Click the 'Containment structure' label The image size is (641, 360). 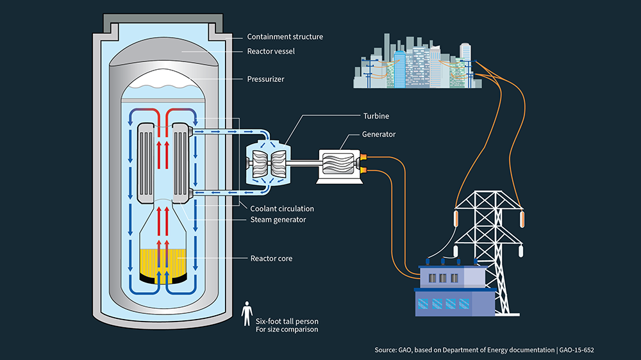286,37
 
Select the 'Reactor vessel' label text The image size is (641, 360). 271,51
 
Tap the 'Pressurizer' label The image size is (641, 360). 266,80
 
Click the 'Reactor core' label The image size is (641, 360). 271,259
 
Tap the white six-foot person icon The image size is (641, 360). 247,314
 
